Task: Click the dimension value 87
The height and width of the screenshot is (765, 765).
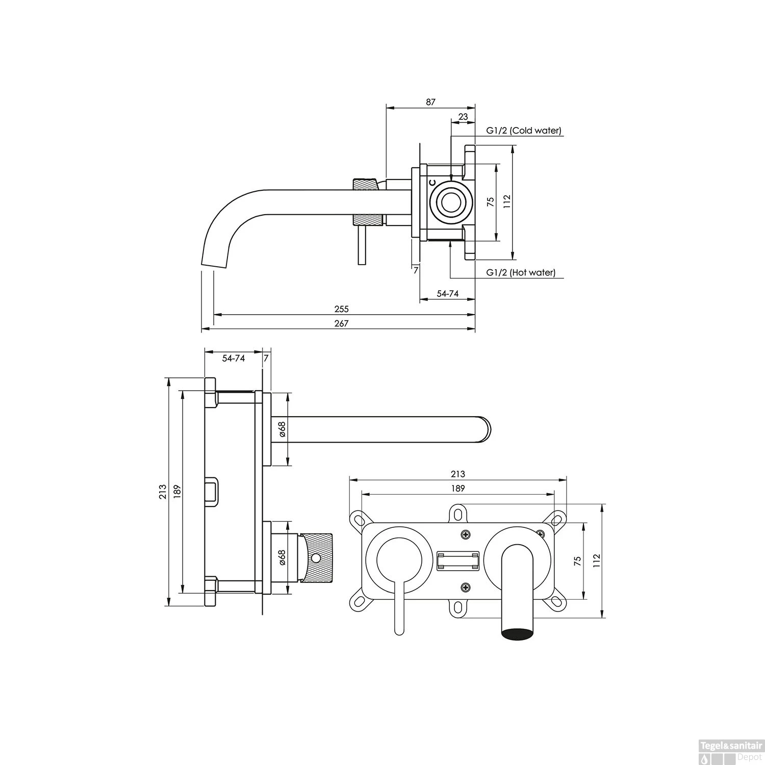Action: click(431, 102)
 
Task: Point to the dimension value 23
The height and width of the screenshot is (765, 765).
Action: click(463, 117)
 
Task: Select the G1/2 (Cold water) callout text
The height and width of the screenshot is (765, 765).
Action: click(523, 131)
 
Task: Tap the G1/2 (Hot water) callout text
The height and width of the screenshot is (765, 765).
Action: click(521, 272)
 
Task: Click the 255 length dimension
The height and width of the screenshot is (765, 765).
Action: click(341, 309)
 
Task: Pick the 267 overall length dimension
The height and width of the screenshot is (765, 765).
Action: click(341, 323)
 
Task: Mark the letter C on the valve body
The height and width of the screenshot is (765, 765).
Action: click(432, 182)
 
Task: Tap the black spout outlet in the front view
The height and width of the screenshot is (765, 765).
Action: click(518, 634)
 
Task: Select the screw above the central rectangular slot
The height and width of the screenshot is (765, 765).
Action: click(465, 534)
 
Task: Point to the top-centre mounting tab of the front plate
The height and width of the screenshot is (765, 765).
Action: click(458, 514)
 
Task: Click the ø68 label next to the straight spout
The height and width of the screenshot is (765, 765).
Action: click(282, 429)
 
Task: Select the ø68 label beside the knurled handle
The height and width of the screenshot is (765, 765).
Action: click(282, 557)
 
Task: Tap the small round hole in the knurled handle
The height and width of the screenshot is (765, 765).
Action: click(317, 558)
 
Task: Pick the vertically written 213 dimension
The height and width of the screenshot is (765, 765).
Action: click(163, 491)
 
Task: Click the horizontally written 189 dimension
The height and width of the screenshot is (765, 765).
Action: click(458, 489)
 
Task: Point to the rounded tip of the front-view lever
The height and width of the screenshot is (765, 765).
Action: click(399, 631)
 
